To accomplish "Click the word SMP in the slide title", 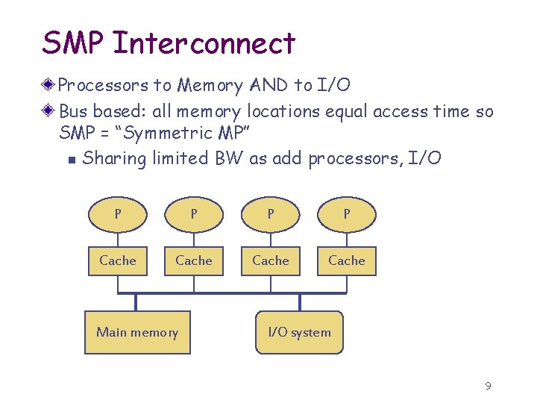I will pyautogui.click(x=73, y=43).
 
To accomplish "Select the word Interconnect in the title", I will pyautogui.click(x=204, y=43).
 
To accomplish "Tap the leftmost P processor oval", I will pyautogui.click(x=118, y=215).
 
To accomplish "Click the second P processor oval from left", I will pyautogui.click(x=194, y=215).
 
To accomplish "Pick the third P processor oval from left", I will pyautogui.click(x=271, y=215).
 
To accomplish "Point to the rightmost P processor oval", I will pyautogui.click(x=347, y=215).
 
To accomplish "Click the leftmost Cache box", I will pyautogui.click(x=118, y=260).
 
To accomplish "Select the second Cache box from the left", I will pyautogui.click(x=194, y=260).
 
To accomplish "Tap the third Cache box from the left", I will pyautogui.click(x=271, y=260).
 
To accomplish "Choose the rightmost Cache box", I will pyautogui.click(x=347, y=260).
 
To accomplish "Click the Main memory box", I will pyautogui.click(x=137, y=332).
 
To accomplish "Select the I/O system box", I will pyautogui.click(x=299, y=332).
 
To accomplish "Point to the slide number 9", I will pyautogui.click(x=488, y=386).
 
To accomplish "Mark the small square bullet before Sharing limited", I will pyautogui.click(x=70, y=160).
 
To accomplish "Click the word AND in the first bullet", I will pyautogui.click(x=268, y=86).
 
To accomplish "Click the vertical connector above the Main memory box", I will pyautogui.click(x=136, y=302).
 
